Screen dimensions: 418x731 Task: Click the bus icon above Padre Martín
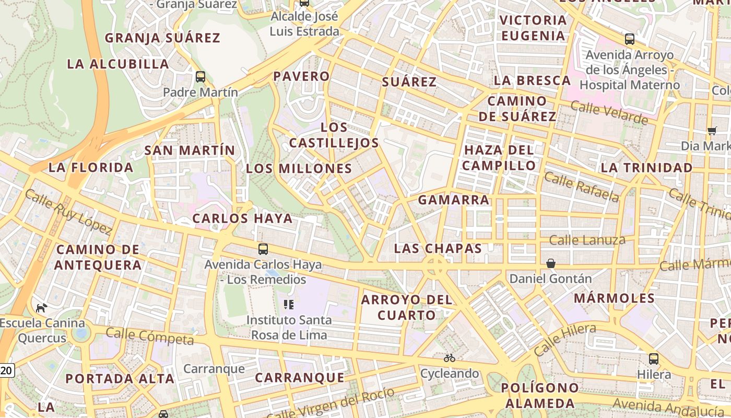[200, 77]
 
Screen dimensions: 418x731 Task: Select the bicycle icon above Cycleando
[449, 358]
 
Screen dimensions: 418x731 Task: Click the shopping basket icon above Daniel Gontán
[551, 263]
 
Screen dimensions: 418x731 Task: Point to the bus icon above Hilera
[654, 358]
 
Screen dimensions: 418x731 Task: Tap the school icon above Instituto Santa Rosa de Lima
[288, 304]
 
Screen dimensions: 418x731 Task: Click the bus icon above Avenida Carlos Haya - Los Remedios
[263, 249]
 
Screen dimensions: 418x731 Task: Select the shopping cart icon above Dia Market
[712, 131]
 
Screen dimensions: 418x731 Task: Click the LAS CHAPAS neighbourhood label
[438, 248]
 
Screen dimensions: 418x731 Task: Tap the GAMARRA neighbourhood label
[453, 200]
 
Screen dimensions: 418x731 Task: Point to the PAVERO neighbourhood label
[302, 76]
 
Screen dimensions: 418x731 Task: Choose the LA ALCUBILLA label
[119, 64]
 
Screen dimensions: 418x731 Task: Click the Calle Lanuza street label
[587, 240]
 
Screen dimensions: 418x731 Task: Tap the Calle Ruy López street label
[68, 212]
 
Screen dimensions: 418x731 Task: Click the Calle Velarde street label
[609, 113]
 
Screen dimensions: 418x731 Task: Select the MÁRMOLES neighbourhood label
[614, 298]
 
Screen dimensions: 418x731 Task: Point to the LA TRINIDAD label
[646, 168]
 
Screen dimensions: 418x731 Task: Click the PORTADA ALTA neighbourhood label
[120, 379]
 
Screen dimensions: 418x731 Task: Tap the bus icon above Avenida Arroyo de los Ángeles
[630, 39]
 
